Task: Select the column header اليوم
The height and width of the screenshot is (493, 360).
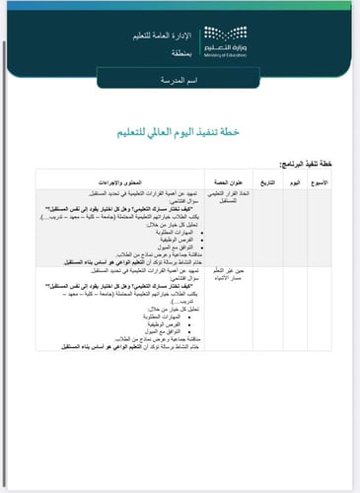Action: [x=293, y=184]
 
